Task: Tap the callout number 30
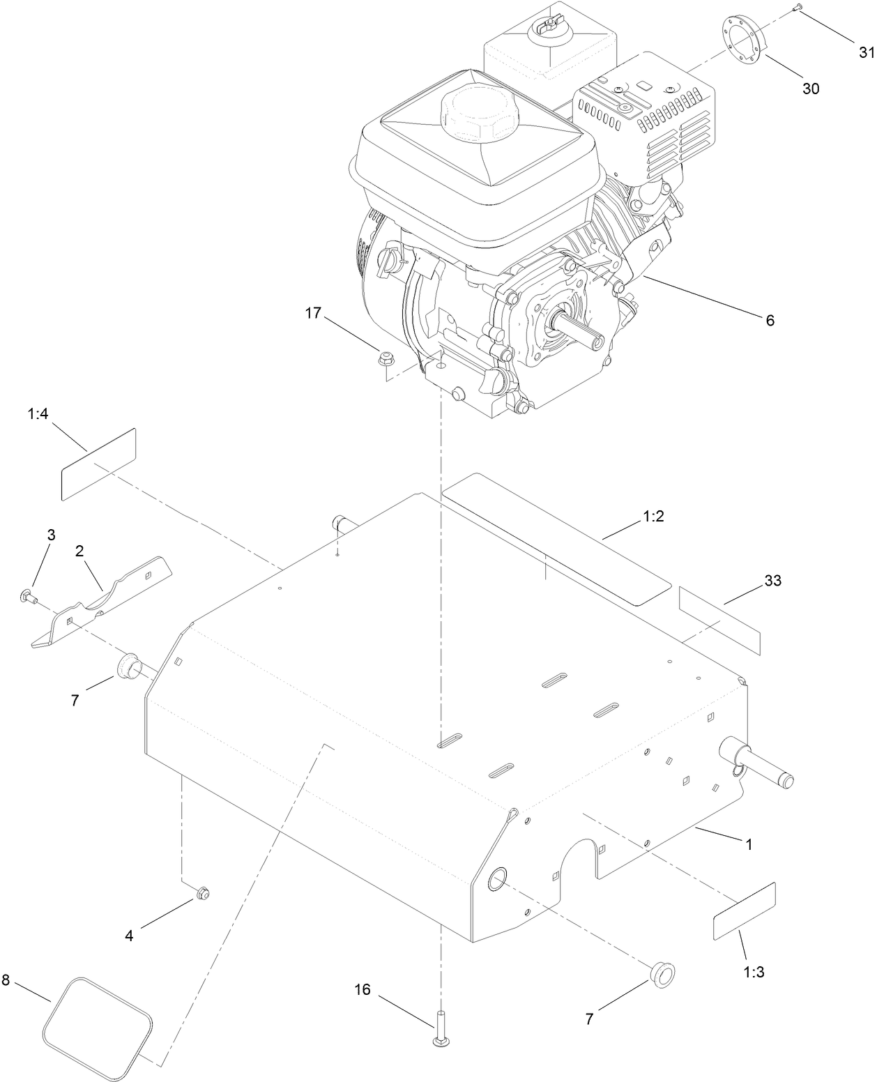(811, 89)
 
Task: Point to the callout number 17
(313, 313)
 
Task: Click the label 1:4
(38, 414)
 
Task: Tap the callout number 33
(772, 580)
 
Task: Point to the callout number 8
(6, 980)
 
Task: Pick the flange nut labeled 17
(383, 360)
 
